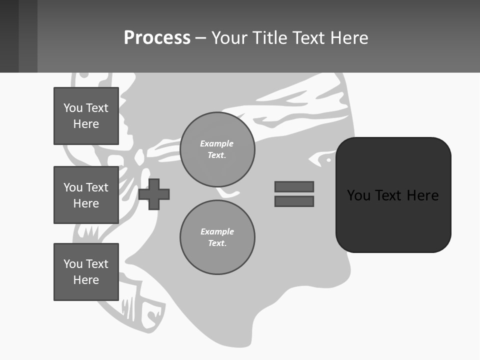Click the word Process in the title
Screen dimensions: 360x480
tap(157, 38)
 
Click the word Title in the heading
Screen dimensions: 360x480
tap(269, 38)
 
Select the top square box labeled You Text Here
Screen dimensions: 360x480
tap(86, 116)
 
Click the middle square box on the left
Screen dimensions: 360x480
tap(86, 195)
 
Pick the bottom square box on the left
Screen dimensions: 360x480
tap(86, 272)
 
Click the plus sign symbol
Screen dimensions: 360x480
tap(154, 193)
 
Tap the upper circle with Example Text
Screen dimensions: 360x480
tap(217, 149)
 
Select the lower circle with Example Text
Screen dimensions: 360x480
tap(217, 237)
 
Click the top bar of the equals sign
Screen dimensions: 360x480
tap(294, 186)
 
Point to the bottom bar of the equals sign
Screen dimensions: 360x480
tap(294, 201)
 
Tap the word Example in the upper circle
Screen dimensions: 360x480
tap(216, 143)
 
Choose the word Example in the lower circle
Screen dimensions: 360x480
tap(217, 231)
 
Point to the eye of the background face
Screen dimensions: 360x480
tap(328, 160)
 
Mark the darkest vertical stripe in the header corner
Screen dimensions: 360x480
tap(9, 36)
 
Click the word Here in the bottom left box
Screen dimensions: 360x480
tap(86, 280)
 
